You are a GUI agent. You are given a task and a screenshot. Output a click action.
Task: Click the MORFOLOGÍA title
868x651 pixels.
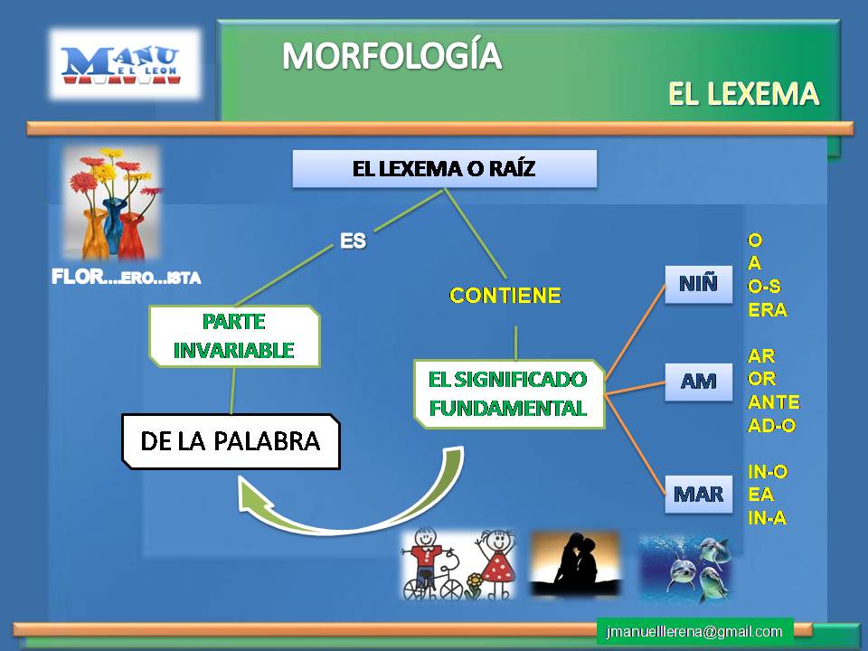pyautogui.click(x=391, y=56)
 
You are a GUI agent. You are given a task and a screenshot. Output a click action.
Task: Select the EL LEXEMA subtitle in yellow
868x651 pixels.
pyautogui.click(x=743, y=93)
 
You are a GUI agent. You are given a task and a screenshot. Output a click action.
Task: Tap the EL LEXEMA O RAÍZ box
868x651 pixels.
pyautogui.click(x=444, y=168)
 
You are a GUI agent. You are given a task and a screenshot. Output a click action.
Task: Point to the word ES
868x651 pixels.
pyautogui.click(x=353, y=241)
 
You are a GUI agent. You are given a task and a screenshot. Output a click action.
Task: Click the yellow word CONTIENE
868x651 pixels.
pyautogui.click(x=505, y=295)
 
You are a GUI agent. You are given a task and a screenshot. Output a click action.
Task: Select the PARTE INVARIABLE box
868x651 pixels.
pyautogui.click(x=234, y=336)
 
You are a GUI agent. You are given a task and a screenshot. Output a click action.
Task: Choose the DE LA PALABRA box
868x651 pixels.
pyautogui.click(x=231, y=441)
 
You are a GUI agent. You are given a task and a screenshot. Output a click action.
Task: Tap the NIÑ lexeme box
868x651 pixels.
pyautogui.click(x=698, y=284)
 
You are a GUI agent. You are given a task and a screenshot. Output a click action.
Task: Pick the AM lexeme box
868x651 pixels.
pyautogui.click(x=698, y=381)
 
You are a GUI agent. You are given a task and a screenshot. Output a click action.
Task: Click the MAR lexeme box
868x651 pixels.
pyautogui.click(x=698, y=494)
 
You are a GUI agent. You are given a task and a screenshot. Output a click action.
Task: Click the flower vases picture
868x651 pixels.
pyautogui.click(x=112, y=204)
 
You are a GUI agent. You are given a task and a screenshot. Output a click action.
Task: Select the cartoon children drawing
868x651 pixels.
pyautogui.click(x=458, y=565)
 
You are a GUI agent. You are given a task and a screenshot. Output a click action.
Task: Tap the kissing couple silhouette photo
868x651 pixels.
pyautogui.click(x=575, y=563)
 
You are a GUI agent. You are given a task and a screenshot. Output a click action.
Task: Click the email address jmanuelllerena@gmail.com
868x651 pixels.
pyautogui.click(x=694, y=631)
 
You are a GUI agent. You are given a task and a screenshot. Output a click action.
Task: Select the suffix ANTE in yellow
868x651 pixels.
pyautogui.click(x=773, y=402)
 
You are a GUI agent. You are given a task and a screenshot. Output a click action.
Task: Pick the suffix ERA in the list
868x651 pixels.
pyautogui.click(x=767, y=309)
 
